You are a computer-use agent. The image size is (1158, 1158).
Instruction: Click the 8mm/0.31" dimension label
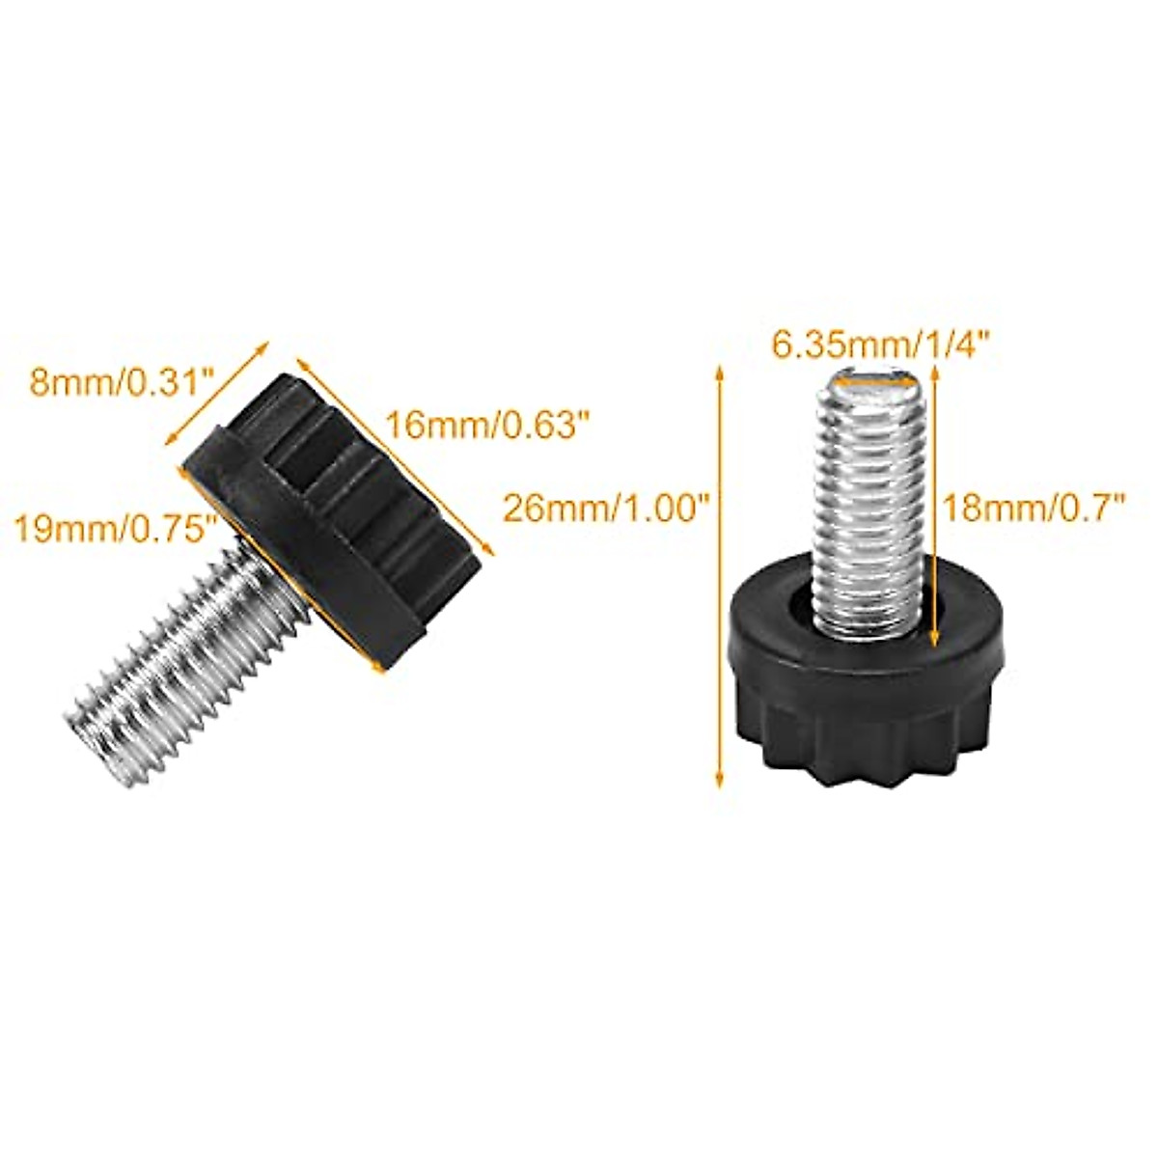(121, 379)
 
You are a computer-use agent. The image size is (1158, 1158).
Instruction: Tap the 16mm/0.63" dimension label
(486, 423)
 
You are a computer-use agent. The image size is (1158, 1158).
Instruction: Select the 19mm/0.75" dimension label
(113, 528)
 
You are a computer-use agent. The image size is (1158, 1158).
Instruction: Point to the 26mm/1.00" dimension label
(607, 508)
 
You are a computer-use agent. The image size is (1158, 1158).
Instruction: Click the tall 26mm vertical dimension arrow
(719, 579)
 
